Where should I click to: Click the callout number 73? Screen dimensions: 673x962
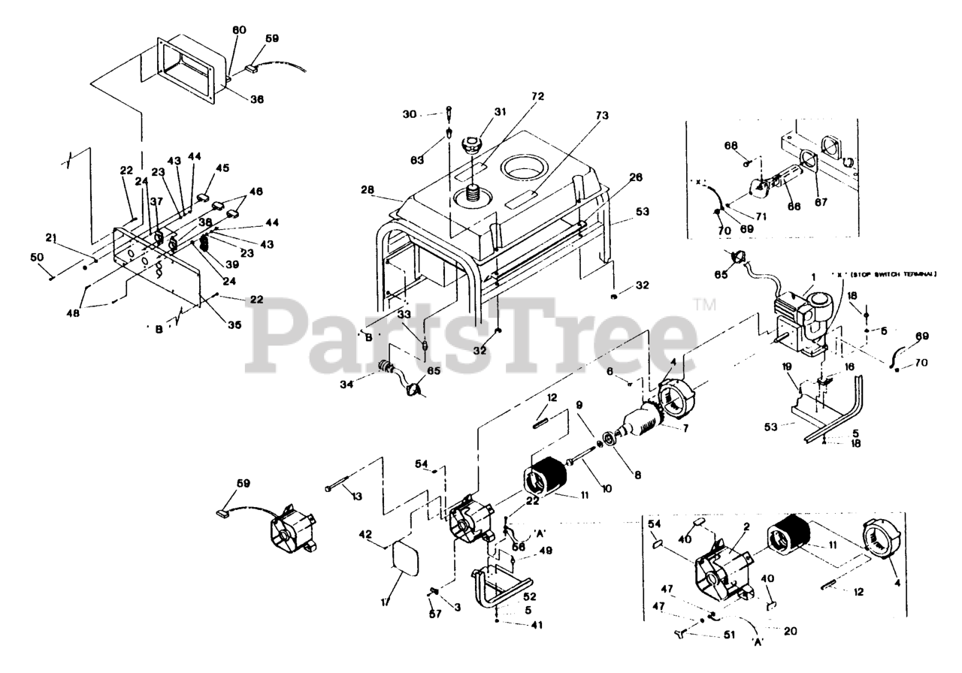coord(602,116)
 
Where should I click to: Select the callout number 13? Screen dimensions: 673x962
coord(356,497)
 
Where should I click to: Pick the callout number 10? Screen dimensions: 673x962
coord(606,488)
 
